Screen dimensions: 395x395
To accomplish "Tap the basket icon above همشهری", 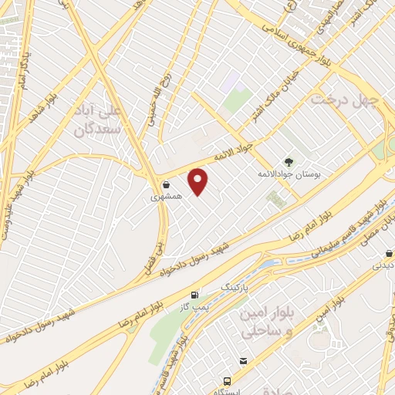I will [x=167, y=184].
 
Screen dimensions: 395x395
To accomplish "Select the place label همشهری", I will [x=167, y=197].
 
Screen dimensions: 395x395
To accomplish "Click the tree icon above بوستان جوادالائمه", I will [x=289, y=162].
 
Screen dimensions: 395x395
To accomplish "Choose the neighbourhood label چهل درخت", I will [x=343, y=100].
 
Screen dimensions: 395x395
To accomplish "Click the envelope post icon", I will [x=244, y=360].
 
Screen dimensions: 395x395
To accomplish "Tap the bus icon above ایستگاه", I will [x=227, y=381].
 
